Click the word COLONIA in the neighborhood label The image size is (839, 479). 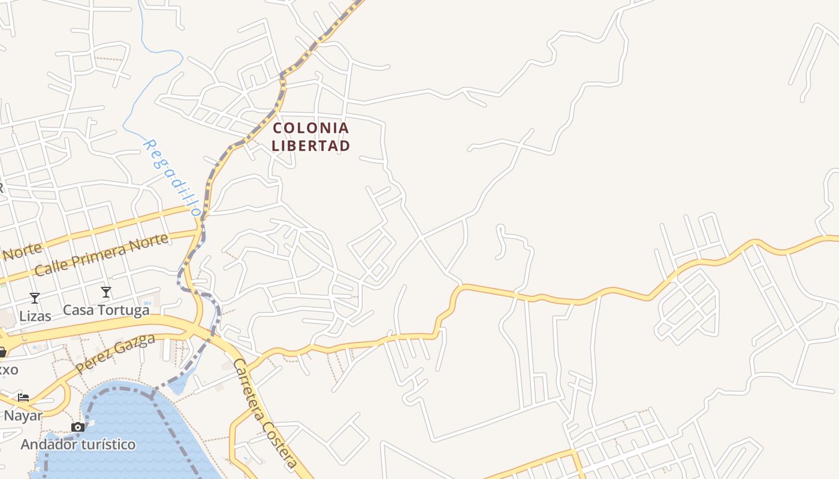click(x=310, y=128)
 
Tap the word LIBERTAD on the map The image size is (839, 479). click(x=310, y=145)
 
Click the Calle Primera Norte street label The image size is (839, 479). click(x=101, y=255)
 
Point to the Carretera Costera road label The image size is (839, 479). click(x=264, y=413)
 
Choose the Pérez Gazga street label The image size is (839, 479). click(x=116, y=353)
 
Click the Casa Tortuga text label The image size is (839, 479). click(x=106, y=310)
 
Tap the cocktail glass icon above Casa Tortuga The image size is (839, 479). click(x=106, y=292)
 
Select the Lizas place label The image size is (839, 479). click(x=35, y=316)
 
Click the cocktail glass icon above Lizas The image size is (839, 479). click(x=35, y=298)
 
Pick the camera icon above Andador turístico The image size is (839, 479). click(x=78, y=427)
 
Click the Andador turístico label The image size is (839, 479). click(x=78, y=444)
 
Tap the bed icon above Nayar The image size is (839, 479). click(x=23, y=397)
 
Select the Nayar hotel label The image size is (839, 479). click(x=23, y=416)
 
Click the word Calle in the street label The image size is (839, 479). click(x=51, y=267)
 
